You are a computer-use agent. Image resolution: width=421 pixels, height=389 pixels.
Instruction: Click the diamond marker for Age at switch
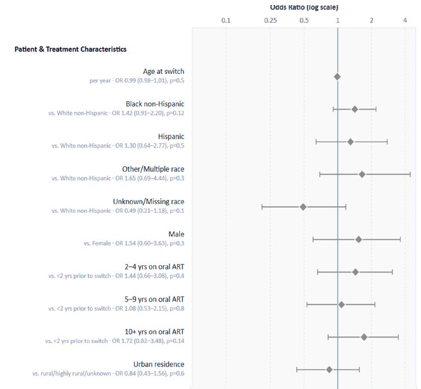click(337, 77)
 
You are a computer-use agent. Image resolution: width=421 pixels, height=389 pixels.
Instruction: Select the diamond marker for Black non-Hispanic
click(355, 109)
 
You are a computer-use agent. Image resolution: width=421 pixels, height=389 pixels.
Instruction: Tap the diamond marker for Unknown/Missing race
click(303, 207)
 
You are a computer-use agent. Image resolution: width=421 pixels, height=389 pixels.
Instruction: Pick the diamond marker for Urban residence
click(329, 370)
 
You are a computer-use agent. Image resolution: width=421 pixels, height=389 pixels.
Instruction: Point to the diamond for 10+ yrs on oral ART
click(364, 337)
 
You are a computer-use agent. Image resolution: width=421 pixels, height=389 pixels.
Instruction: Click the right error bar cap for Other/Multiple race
click(410, 175)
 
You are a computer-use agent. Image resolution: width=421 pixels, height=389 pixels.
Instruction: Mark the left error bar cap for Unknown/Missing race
click(262, 207)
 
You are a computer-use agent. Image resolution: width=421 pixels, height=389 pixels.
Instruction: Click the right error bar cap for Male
click(400, 239)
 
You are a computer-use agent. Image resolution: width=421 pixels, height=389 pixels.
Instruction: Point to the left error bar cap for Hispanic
click(316, 142)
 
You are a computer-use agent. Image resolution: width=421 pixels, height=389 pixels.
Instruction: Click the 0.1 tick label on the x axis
click(226, 20)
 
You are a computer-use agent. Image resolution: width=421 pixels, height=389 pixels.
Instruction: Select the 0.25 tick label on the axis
click(270, 20)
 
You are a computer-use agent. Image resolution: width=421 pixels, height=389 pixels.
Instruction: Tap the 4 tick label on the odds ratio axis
click(405, 20)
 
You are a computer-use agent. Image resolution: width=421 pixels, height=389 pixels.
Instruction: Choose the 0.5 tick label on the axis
click(304, 20)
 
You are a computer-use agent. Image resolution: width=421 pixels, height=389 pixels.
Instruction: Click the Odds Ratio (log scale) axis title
click(304, 7)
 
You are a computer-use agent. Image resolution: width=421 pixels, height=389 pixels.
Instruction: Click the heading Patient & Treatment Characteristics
click(70, 49)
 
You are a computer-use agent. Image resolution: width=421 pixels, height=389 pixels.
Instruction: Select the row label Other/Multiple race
click(153, 169)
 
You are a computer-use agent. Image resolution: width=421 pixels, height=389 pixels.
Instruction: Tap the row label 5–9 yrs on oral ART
click(154, 299)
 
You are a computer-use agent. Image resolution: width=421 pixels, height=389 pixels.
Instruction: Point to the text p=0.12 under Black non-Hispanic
click(176, 113)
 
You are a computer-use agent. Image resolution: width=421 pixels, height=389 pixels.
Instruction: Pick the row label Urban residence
click(159, 364)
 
